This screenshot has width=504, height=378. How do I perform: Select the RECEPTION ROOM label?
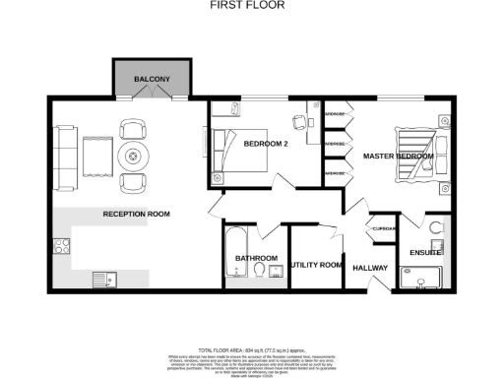tap(138, 213)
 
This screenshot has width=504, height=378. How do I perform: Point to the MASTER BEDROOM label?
tap(398, 157)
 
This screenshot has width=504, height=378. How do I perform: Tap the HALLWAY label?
tap(371, 268)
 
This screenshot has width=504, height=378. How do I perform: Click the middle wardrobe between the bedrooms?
tap(336, 144)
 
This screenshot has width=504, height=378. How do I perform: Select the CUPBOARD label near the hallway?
tap(384, 229)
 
